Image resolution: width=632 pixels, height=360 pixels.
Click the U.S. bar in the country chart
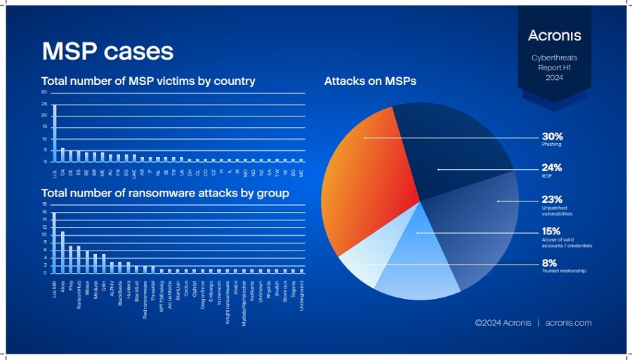click(55, 133)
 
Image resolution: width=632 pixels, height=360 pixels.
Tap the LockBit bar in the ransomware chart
click(55, 243)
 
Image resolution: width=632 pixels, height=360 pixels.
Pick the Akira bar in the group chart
click(62, 252)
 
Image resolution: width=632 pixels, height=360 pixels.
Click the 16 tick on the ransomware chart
click(44, 212)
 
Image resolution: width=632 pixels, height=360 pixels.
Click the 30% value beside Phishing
click(552, 136)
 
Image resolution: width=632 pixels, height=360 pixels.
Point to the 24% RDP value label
click(551, 168)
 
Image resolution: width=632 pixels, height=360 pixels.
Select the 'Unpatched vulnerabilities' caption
click(556, 211)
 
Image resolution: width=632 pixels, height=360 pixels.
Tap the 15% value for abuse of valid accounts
click(551, 231)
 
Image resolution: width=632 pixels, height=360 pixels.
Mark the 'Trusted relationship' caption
click(563, 271)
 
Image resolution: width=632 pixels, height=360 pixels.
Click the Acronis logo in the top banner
click(554, 35)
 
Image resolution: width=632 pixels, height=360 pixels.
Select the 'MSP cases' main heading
click(107, 51)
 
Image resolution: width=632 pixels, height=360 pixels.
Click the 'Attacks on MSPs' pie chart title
click(370, 81)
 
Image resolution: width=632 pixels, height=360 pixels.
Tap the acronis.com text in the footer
click(568, 323)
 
